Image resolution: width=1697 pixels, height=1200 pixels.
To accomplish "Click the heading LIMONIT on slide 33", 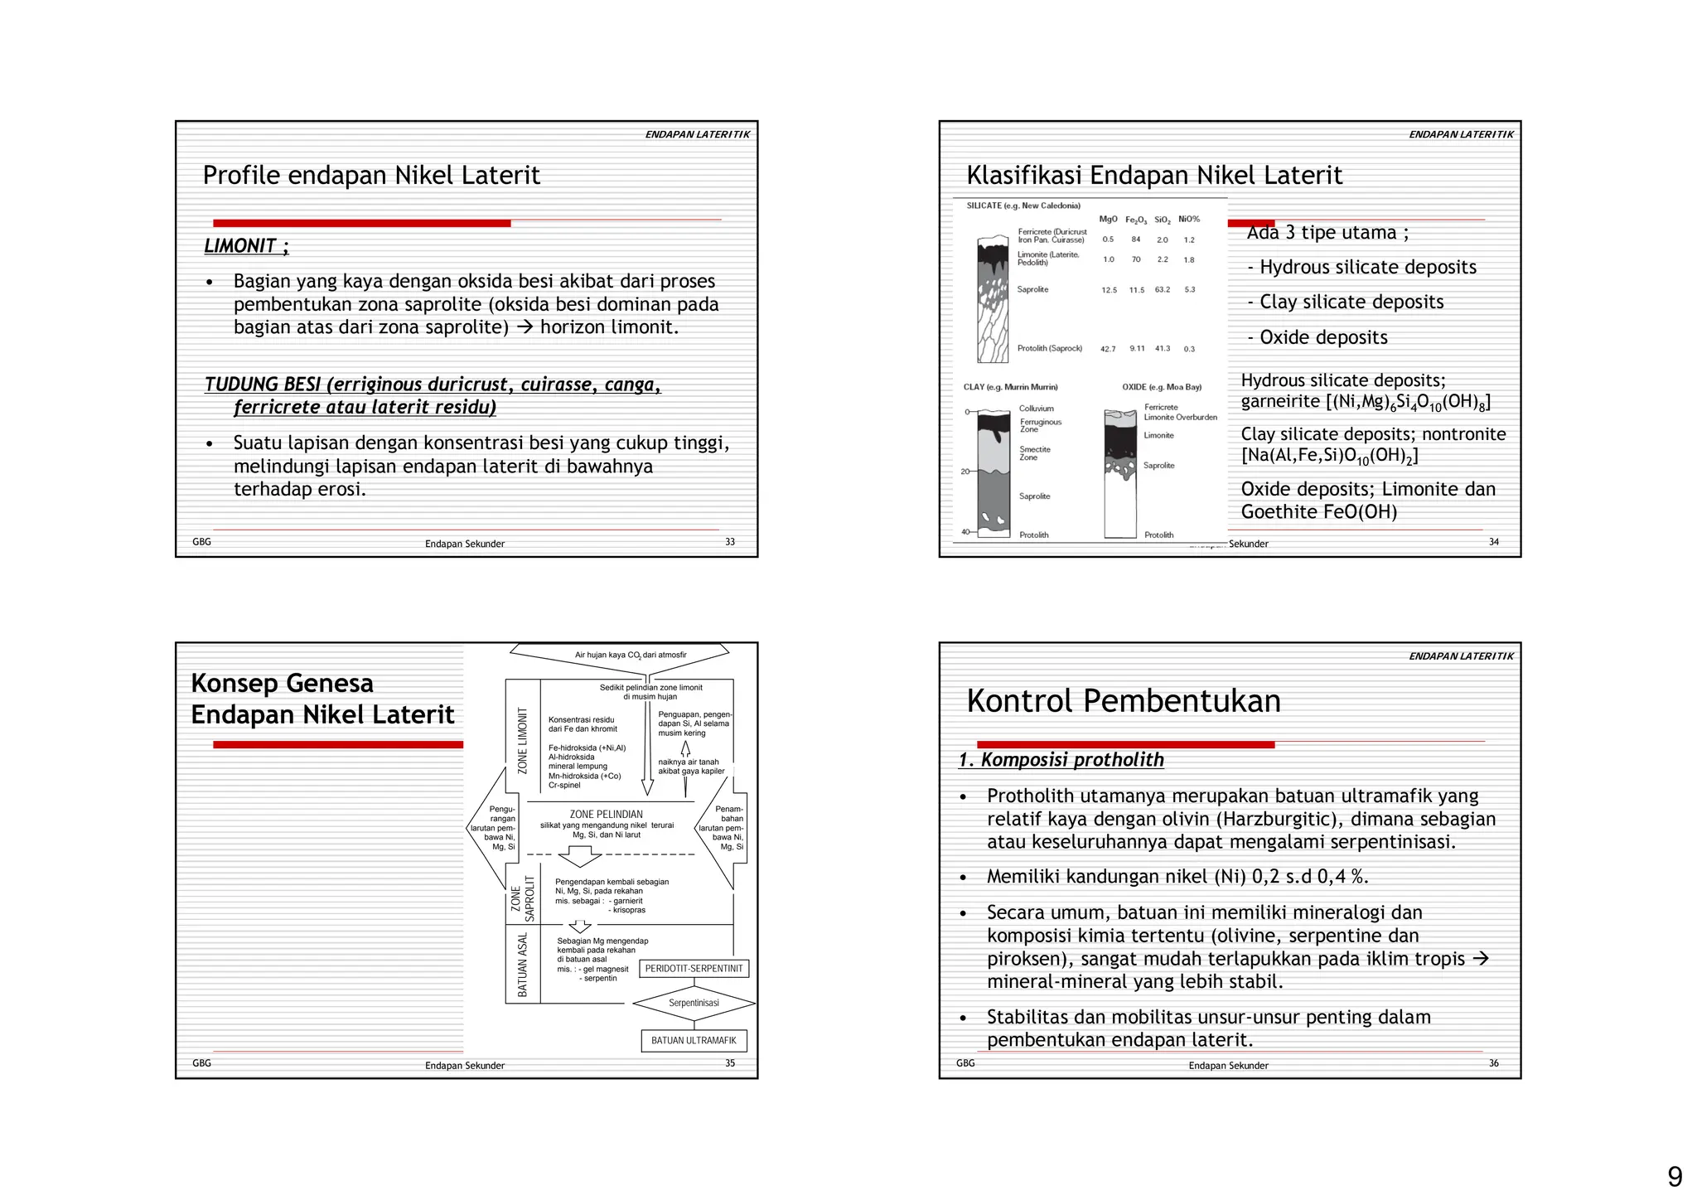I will (245, 246).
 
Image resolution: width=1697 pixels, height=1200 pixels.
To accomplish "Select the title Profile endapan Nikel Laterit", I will (371, 176).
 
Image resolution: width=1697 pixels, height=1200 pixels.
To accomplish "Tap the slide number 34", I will (1493, 542).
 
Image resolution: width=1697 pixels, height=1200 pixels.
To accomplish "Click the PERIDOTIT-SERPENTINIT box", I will (694, 969).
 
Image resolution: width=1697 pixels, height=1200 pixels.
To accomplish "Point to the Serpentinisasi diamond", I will (694, 1003).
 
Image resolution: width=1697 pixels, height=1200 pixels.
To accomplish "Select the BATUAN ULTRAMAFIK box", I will (694, 1041).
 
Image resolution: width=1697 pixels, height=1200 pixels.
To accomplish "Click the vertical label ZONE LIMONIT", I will (522, 741).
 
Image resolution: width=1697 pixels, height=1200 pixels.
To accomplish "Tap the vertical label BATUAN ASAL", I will (522, 965).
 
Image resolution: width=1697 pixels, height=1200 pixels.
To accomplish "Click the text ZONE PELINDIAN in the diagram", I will (606, 815).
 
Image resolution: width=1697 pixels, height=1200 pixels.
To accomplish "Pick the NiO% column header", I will (1189, 220).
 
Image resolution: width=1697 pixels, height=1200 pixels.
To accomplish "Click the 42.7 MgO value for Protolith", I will (1108, 350).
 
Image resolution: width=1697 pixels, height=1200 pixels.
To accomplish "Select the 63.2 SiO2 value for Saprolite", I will (1163, 290).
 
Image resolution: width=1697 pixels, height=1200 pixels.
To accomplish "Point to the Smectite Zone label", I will (1034, 453).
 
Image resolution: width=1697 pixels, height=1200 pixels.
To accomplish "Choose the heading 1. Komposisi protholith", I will (1061, 760).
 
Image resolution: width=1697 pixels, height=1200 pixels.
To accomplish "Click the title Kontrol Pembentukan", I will (1123, 701).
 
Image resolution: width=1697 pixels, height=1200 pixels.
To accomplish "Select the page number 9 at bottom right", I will (1675, 1177).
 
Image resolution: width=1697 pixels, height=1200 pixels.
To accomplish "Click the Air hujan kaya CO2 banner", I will (631, 656).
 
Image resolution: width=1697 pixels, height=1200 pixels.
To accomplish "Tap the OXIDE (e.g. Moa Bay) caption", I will (1162, 387).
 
